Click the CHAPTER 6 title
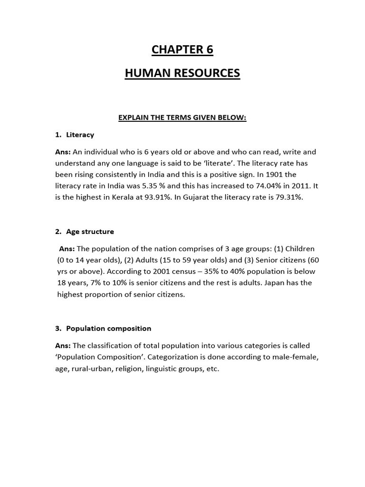pos(182,49)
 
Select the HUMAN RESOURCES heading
pos(182,73)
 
